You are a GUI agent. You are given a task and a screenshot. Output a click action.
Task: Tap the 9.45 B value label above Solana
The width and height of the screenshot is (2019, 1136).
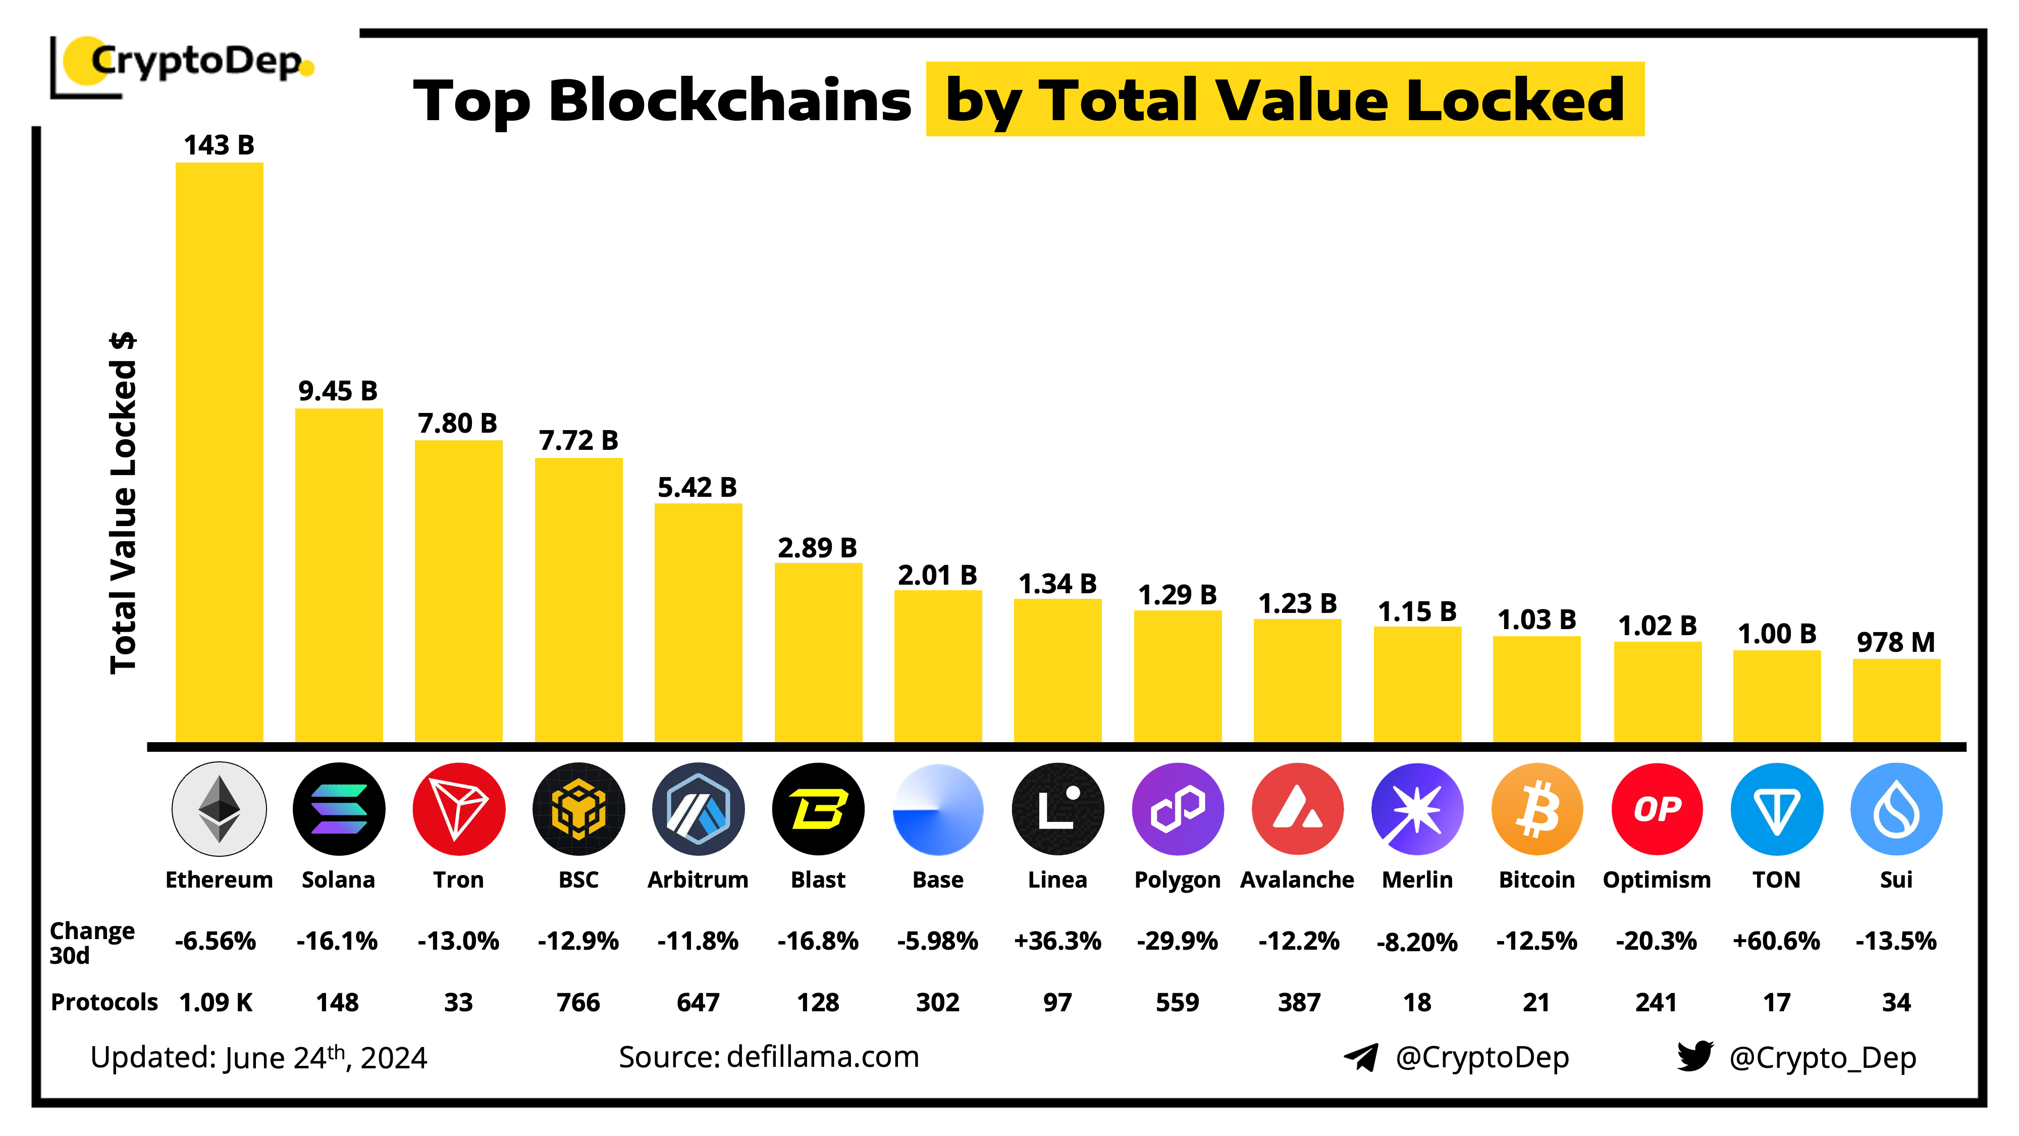tap(338, 390)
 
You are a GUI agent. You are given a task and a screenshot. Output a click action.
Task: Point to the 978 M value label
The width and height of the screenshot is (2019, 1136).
tap(1895, 642)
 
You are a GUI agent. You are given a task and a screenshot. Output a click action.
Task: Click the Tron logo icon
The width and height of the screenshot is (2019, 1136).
tap(458, 808)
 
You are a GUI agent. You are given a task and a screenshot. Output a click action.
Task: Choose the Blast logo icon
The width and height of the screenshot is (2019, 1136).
tap(818, 808)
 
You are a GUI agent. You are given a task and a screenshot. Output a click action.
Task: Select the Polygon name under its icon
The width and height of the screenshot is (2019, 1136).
tap(1177, 880)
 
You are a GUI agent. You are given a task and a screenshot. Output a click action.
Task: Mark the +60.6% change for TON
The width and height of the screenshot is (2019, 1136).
tap(1776, 940)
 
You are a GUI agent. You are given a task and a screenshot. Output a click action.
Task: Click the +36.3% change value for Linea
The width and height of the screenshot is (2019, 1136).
tap(1057, 940)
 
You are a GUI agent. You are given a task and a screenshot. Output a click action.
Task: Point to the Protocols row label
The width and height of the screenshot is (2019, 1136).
tap(104, 1002)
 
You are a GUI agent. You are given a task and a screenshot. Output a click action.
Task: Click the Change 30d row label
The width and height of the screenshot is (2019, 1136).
tap(92, 942)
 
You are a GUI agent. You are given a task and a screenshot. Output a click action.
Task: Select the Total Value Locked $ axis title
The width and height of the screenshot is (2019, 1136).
tap(123, 502)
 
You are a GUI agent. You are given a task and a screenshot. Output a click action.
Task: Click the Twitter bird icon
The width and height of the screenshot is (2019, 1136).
tap(1694, 1056)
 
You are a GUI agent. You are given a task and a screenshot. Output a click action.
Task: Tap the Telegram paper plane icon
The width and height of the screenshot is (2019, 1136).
tap(1361, 1057)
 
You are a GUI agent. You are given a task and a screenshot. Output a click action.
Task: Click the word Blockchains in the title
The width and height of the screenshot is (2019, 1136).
tap(730, 100)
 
